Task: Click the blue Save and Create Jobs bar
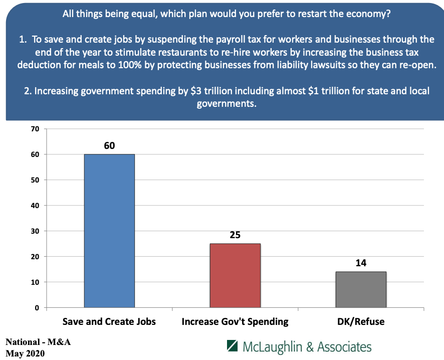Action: coord(109,231)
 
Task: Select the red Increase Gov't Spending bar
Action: coord(235,275)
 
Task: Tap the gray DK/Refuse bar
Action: coord(361,289)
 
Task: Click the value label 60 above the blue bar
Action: coord(109,146)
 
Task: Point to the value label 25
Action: coord(235,235)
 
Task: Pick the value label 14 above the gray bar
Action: coord(361,263)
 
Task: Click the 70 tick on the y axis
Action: coord(35,129)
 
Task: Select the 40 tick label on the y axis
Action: coord(35,206)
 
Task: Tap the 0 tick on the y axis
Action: coord(37,308)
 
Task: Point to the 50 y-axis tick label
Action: coord(35,180)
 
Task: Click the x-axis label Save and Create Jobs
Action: coord(109,321)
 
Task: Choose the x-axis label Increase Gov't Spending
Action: coord(235,321)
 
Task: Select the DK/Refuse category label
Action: coord(361,321)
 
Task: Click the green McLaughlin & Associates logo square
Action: coord(232,346)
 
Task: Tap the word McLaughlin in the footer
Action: coord(273,347)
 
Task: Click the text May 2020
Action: coord(26,353)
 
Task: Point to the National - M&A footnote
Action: coord(38,342)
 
